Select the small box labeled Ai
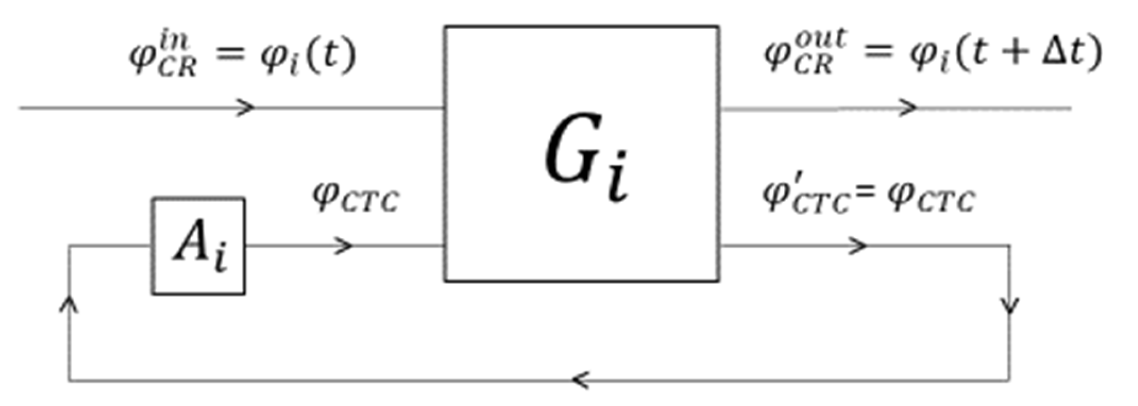[x=198, y=246]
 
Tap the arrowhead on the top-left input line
[x=246, y=107]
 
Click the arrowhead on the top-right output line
[x=908, y=107]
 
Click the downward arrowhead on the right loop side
[x=1010, y=305]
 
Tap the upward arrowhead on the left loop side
[x=69, y=305]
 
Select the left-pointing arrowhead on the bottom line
[x=580, y=380]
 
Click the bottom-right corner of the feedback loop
[x=1010, y=380]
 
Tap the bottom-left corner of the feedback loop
[x=69, y=380]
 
